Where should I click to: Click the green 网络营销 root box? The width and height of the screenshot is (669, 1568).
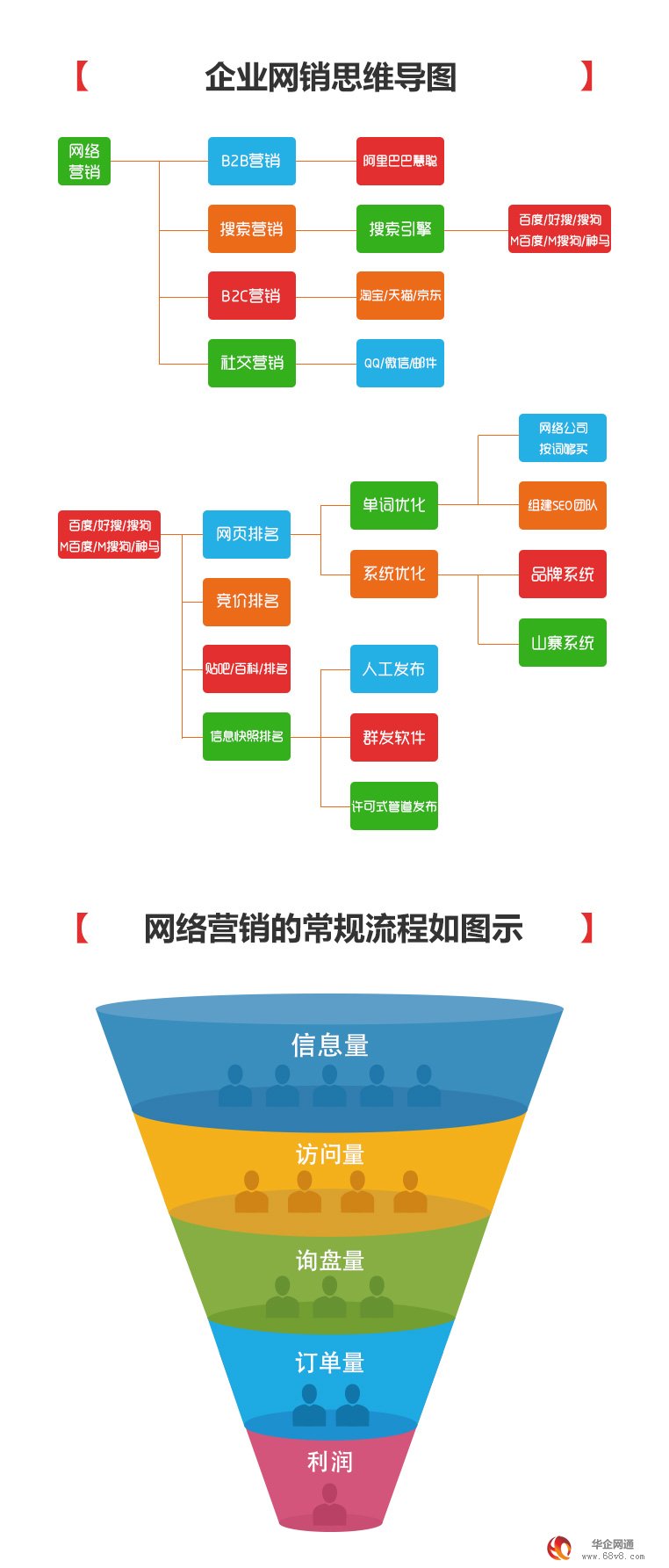pos(84,161)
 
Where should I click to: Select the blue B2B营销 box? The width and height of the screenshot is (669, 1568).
pos(251,161)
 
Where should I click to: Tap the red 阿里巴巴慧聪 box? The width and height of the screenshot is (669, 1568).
pos(400,161)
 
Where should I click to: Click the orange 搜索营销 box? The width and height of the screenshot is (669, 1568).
pos(251,229)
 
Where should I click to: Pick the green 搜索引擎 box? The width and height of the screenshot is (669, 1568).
pos(400,229)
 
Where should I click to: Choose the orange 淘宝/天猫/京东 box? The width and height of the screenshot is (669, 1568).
pos(400,296)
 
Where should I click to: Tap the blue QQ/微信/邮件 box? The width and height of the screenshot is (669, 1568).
pos(400,363)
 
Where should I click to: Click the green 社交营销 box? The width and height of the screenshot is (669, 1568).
pos(251,363)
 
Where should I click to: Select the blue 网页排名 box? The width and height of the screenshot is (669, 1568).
pos(247,534)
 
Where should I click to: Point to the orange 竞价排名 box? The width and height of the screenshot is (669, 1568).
pos(247,602)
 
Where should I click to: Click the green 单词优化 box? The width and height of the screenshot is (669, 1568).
pos(394,505)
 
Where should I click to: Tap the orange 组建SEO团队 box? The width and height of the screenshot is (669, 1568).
pos(563,505)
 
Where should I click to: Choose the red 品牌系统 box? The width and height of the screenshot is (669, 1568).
pos(563,574)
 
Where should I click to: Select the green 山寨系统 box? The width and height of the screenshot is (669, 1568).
pos(563,643)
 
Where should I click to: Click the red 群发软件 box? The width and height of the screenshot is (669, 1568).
pos(394,738)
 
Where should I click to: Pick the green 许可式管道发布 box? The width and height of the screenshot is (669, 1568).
pos(394,806)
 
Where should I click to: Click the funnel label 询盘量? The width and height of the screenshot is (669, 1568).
pos(330,1261)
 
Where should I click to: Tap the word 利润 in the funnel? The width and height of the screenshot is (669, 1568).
pos(330,1462)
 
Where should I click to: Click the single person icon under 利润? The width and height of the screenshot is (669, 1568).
pos(330,1503)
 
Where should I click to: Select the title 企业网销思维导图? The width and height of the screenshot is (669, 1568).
pos(331,77)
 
